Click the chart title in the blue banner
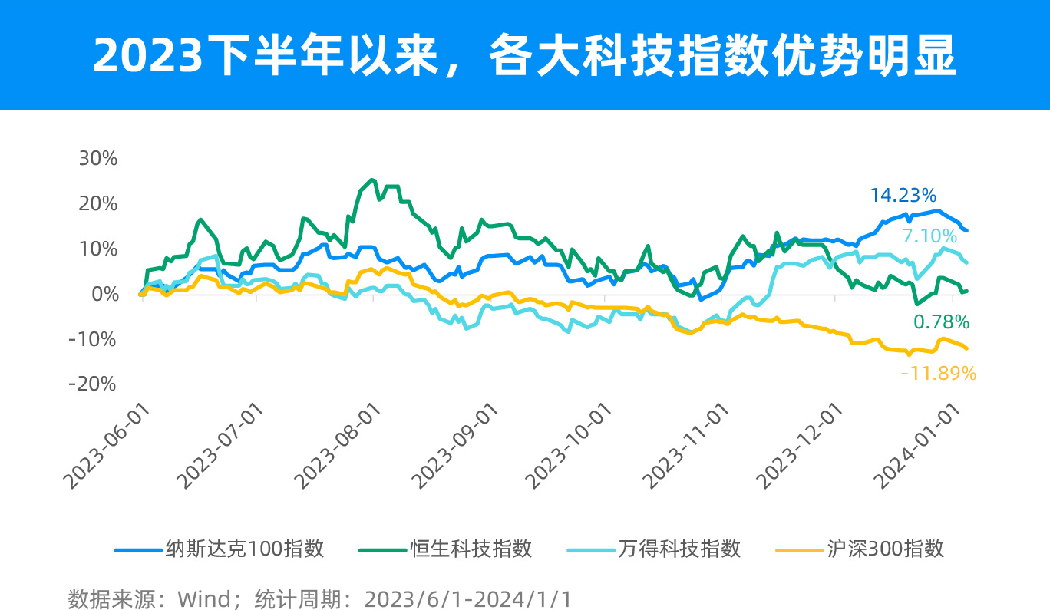coord(525,54)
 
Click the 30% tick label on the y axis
coord(97,159)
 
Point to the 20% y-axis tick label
coord(97,204)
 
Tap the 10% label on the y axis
coord(97,249)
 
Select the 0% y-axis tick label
coord(105,294)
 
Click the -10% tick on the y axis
coord(93,339)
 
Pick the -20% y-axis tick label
coord(93,384)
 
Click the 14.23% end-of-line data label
coord(903,196)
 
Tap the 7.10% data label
coord(929,236)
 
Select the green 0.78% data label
coord(941,321)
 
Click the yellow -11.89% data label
coord(938,374)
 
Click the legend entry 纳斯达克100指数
coord(245,549)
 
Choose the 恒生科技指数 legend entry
coord(471,549)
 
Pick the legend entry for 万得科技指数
coord(679,549)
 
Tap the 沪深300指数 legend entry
coord(885,549)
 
